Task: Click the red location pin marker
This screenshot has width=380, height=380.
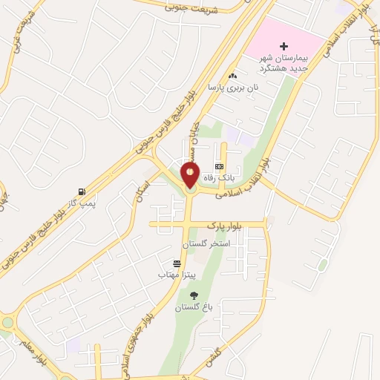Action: click(x=190, y=174)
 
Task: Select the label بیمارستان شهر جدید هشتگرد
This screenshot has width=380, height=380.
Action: click(x=284, y=63)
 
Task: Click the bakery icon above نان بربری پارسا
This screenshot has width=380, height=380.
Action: click(x=234, y=76)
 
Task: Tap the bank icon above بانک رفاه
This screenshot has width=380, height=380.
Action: click(x=219, y=166)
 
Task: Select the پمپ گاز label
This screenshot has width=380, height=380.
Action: click(x=83, y=203)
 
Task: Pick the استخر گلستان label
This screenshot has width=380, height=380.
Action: click(x=207, y=243)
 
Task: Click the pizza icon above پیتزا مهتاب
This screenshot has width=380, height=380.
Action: click(x=177, y=263)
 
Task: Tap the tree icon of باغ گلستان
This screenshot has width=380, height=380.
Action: click(x=194, y=295)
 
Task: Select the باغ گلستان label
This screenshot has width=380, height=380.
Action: click(x=194, y=307)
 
